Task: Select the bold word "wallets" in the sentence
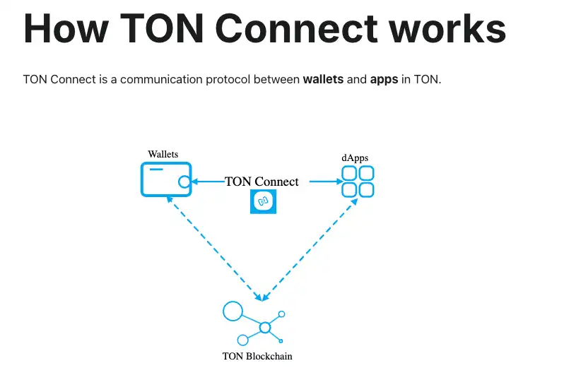coord(323,80)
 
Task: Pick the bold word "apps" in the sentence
coord(384,80)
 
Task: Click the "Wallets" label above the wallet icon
coord(163,154)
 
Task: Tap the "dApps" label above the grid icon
coord(355,157)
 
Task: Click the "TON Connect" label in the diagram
coord(262,182)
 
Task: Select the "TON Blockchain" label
coord(257,356)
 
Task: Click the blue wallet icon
coord(165,179)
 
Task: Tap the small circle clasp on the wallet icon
coord(184,182)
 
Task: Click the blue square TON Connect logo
coord(264,202)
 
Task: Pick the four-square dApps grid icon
coord(358,182)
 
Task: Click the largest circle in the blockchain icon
coord(233,311)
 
